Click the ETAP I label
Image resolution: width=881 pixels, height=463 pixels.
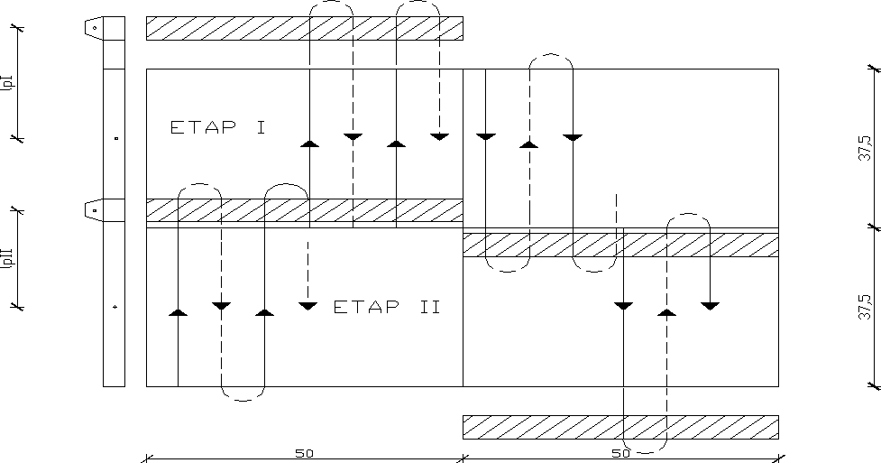click(x=217, y=127)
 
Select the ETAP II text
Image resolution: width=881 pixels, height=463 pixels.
click(x=387, y=307)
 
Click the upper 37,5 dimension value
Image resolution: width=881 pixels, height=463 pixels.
click(x=864, y=147)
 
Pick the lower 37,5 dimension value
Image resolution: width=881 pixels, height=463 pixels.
click(x=864, y=307)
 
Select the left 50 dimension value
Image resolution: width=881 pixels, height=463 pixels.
click(x=304, y=453)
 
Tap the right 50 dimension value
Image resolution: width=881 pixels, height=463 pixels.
click(x=620, y=453)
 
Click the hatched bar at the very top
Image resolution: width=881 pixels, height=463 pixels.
click(x=304, y=28)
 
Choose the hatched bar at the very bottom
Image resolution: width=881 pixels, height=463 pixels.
click(x=620, y=427)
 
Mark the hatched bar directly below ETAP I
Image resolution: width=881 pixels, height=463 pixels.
click(x=304, y=210)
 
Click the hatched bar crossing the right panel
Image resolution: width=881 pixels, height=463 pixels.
click(x=620, y=245)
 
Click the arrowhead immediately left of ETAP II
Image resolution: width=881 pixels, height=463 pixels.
click(x=308, y=307)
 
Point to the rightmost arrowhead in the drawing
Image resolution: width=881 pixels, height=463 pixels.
click(x=710, y=306)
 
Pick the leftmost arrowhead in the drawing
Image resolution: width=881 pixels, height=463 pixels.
click(x=178, y=312)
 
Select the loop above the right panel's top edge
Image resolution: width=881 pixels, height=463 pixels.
click(x=551, y=60)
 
